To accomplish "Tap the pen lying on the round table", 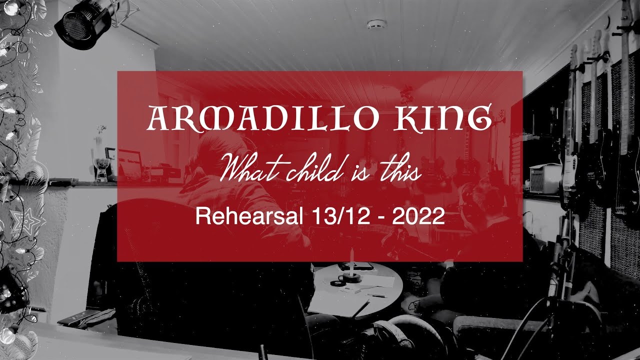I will click(376, 295).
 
